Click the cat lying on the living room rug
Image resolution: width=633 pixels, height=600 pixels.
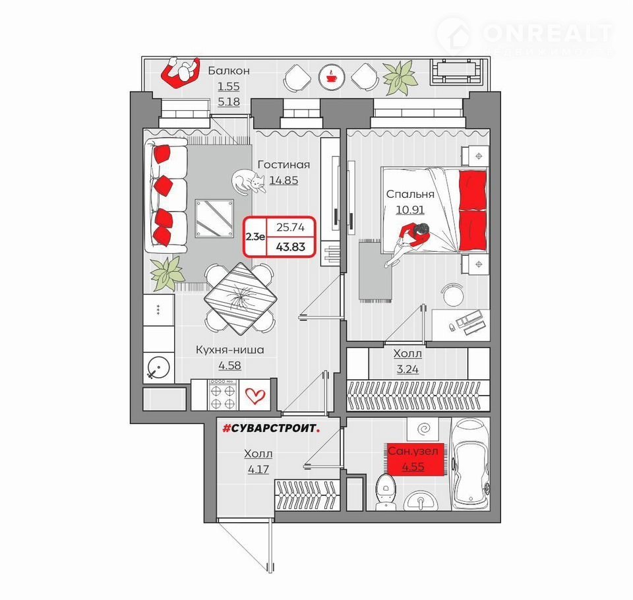249,183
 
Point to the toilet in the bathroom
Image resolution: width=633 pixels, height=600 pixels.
384,492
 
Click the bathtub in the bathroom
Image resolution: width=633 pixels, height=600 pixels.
471,465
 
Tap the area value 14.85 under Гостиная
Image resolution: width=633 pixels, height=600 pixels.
284,180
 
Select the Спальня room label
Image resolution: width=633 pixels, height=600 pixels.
410,195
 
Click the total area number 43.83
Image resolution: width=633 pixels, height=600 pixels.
291,247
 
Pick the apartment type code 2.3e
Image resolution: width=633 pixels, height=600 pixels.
255,237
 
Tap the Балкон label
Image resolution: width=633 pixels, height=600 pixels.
229,71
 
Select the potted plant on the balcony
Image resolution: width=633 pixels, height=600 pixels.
400,78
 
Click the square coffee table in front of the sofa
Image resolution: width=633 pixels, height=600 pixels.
215,218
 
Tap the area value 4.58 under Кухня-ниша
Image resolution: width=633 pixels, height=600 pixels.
229,366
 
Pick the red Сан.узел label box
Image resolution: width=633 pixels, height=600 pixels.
413,459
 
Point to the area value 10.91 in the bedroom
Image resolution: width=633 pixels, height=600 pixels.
410,210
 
